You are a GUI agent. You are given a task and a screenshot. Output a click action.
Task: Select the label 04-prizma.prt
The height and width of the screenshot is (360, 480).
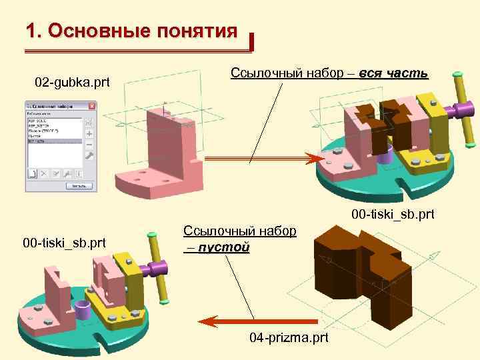tap(289, 338)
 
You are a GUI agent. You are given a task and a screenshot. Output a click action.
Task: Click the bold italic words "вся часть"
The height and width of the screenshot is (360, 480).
tap(393, 73)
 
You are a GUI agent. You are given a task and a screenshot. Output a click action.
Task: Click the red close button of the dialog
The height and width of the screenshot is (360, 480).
tap(92, 106)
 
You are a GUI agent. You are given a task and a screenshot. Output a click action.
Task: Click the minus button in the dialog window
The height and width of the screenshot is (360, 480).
tap(89, 144)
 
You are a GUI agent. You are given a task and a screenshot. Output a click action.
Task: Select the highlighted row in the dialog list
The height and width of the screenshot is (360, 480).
tap(54, 141)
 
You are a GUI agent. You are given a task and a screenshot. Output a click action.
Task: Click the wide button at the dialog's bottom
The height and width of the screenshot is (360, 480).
tap(78, 185)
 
